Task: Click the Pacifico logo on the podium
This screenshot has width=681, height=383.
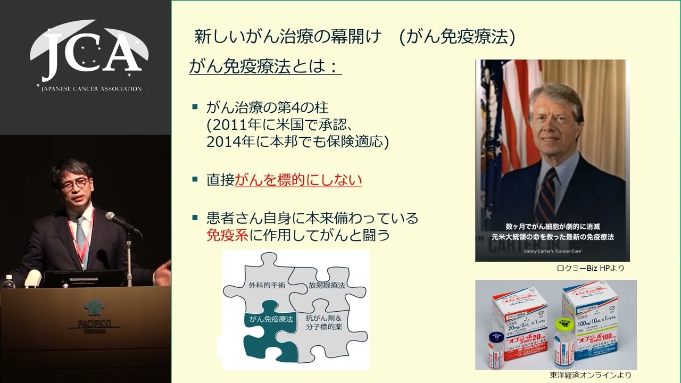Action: pyautogui.click(x=95, y=314)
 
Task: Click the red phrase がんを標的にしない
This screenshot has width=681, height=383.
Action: pyautogui.click(x=298, y=180)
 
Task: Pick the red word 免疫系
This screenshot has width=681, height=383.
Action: pyautogui.click(x=227, y=235)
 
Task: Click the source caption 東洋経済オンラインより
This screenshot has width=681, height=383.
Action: pyautogui.click(x=591, y=376)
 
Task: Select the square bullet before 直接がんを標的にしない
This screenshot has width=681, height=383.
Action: pyautogui.click(x=195, y=180)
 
